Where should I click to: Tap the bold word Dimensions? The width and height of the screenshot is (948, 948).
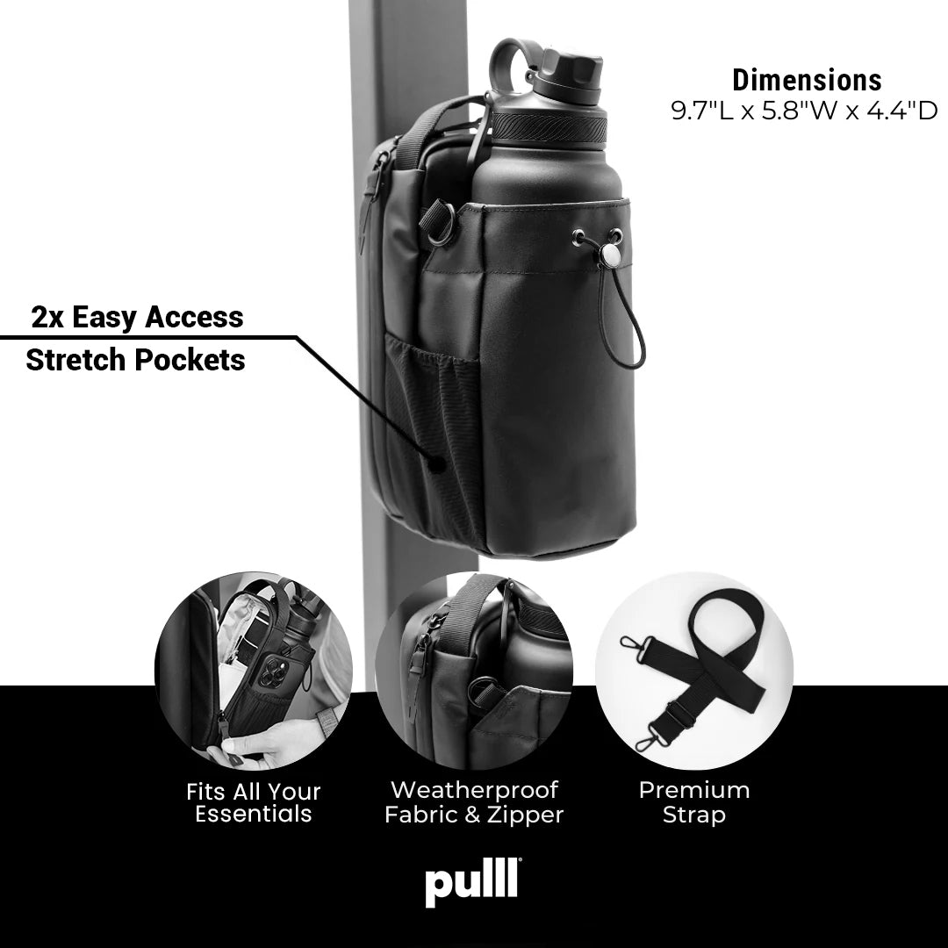[807, 80]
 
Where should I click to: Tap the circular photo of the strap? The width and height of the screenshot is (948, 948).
[693, 671]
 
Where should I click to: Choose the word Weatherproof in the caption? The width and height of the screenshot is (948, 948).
[474, 790]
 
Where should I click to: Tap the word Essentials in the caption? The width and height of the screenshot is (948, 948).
[254, 815]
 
